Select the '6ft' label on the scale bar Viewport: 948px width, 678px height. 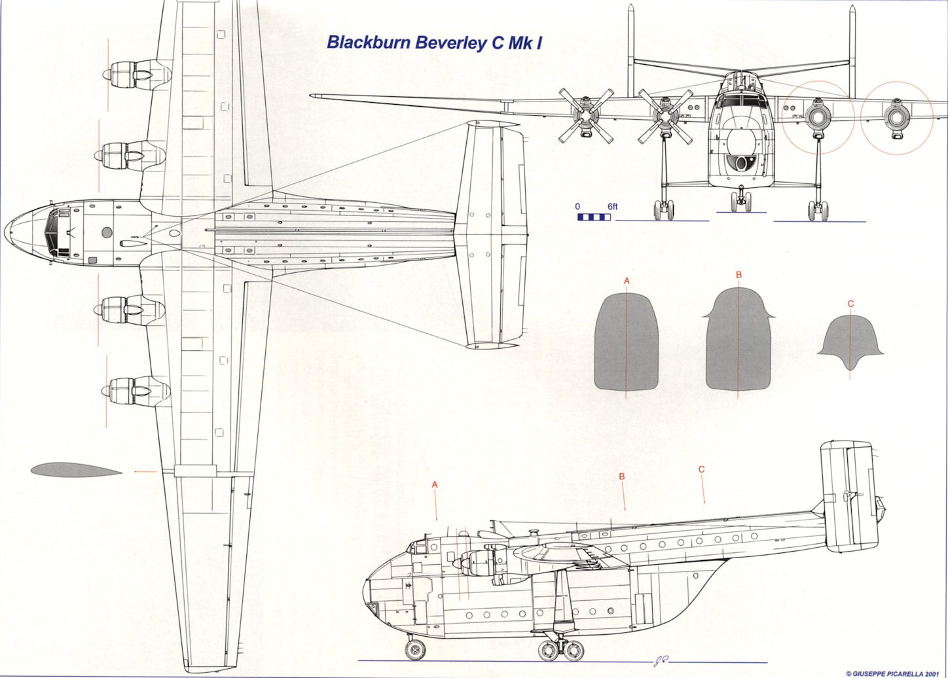[x=612, y=207]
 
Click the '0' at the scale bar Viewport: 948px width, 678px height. [x=577, y=207]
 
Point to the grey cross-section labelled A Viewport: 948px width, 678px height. [x=626, y=342]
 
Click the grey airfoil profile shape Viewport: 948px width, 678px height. [x=75, y=469]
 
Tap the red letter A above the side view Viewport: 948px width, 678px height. [x=435, y=484]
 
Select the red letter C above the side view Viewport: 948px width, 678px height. [x=701, y=469]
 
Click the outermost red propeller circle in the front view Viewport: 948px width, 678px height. [x=896, y=118]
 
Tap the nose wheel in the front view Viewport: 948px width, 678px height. [x=740, y=201]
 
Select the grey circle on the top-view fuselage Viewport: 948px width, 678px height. [x=107, y=232]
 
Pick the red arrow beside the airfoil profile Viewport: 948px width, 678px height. [x=145, y=471]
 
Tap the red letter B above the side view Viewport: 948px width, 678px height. [x=622, y=476]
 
